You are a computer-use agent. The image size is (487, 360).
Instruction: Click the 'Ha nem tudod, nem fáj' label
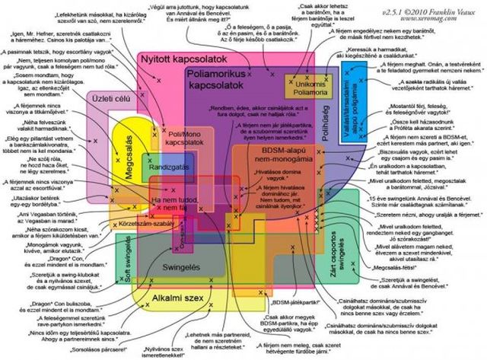pos(180,203)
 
